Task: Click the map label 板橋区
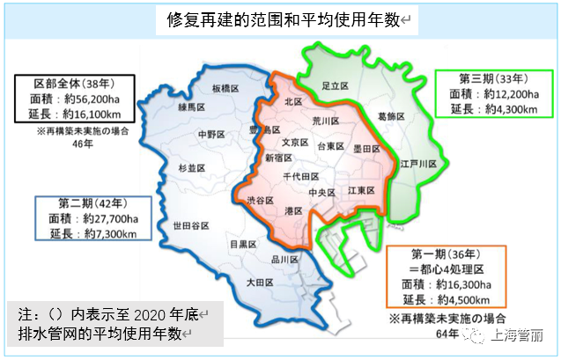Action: [227, 89]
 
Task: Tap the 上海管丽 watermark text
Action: [520, 334]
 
